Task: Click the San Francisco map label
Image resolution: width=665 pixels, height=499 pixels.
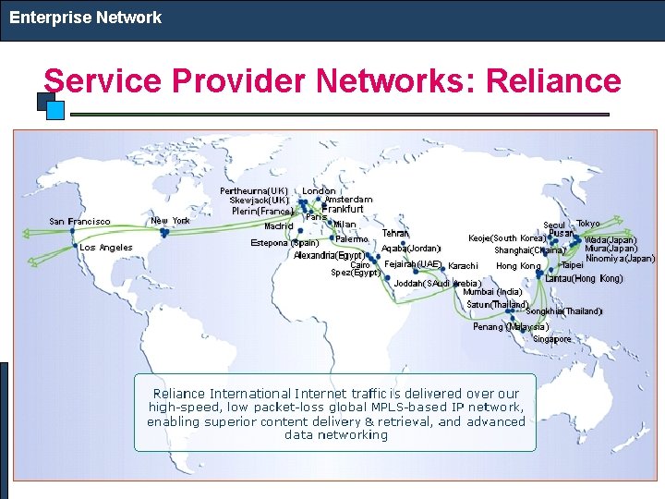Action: tap(79, 221)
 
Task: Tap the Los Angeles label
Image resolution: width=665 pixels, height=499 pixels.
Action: tap(106, 247)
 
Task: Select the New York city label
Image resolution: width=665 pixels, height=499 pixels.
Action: tap(170, 221)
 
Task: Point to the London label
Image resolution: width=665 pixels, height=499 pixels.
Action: tap(320, 190)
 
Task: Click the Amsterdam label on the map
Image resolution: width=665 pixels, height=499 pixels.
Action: tap(348, 200)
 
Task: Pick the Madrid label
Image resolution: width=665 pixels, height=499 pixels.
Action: tap(278, 225)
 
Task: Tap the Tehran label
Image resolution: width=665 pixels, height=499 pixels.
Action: tap(395, 234)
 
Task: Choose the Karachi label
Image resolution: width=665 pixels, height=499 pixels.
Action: tap(463, 266)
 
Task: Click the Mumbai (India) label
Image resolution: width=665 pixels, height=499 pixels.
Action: tap(492, 292)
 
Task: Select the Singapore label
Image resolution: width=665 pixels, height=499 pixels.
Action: tap(551, 339)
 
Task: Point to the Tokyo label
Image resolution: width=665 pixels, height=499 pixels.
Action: tap(588, 224)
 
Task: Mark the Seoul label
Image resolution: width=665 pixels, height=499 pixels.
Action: tap(554, 225)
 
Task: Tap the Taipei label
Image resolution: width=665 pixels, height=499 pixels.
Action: tap(572, 265)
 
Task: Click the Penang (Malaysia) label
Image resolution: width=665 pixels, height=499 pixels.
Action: tap(511, 326)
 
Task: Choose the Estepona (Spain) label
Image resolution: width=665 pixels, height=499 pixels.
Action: tap(285, 243)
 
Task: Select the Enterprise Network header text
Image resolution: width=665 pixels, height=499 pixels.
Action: tap(85, 18)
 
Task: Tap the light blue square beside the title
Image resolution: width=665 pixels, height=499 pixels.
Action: tap(55, 110)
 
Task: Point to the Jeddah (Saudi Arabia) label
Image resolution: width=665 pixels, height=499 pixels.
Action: tap(438, 283)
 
